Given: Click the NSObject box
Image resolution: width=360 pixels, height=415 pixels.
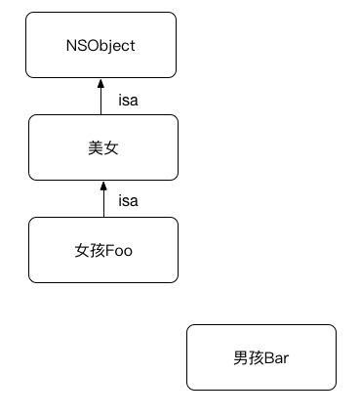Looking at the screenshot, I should [x=101, y=45].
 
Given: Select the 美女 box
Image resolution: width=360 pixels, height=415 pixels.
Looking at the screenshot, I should [x=102, y=147].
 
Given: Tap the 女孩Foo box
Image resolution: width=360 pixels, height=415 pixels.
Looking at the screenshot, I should [x=102, y=250].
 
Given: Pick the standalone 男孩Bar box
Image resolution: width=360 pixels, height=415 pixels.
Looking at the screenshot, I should [x=260, y=357].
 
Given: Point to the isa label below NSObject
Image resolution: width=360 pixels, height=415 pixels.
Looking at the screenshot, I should [x=128, y=99].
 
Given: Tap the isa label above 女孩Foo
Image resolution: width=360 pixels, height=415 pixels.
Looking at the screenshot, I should [x=128, y=201].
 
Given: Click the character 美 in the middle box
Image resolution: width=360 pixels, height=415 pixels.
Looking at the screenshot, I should [x=95, y=148].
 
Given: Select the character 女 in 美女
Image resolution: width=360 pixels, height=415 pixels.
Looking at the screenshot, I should [x=110, y=148].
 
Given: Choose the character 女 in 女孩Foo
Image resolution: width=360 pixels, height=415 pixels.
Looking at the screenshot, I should [x=82, y=251].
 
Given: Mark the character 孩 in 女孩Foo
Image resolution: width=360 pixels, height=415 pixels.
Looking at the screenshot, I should [x=97, y=251].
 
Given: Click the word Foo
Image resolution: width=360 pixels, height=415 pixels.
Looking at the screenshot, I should [x=118, y=251].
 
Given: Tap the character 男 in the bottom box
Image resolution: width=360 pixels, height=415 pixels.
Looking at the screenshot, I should [x=241, y=358].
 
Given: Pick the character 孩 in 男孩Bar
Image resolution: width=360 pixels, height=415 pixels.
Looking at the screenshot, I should [x=256, y=358].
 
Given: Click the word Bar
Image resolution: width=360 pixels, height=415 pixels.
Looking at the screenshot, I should [x=277, y=358].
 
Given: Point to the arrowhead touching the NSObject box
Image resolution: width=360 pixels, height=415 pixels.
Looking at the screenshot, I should [x=101, y=84].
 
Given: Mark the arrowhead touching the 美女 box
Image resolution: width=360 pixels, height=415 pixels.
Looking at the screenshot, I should [x=101, y=187].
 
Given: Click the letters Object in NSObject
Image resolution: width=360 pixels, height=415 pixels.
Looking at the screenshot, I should [x=111, y=46].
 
